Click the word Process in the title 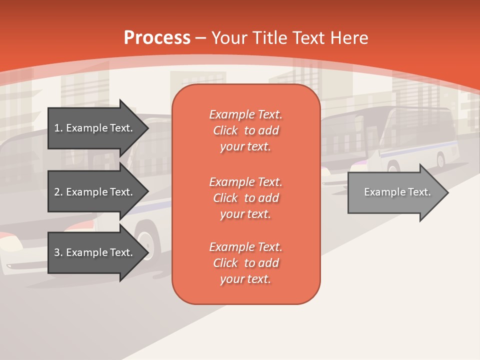(157, 38)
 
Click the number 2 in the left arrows (57, 192)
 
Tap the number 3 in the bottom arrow (57, 252)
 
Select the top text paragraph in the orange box (245, 130)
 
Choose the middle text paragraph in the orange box (245, 198)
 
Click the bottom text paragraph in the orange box (245, 263)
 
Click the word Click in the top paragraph (225, 130)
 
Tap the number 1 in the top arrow (57, 128)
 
